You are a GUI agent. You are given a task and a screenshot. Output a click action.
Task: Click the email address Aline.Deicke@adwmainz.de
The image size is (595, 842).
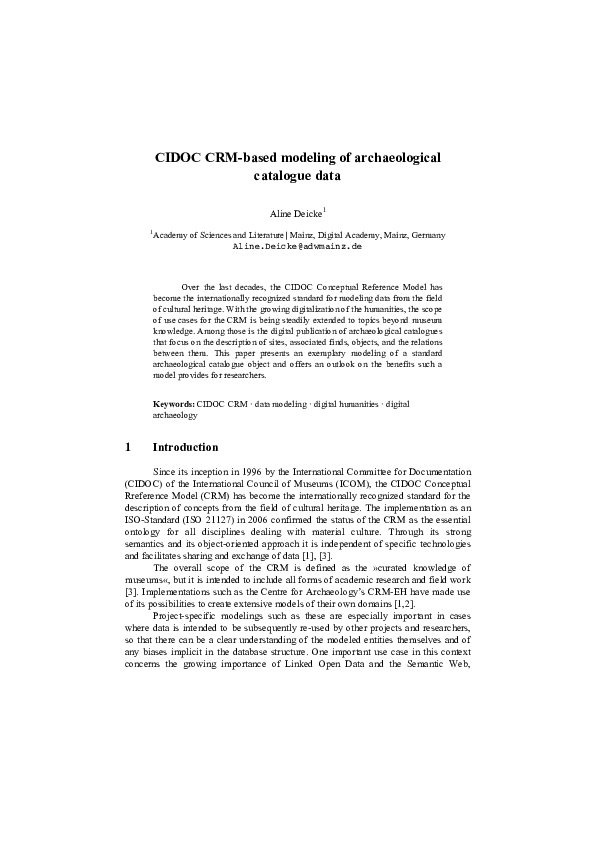[297, 245]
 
